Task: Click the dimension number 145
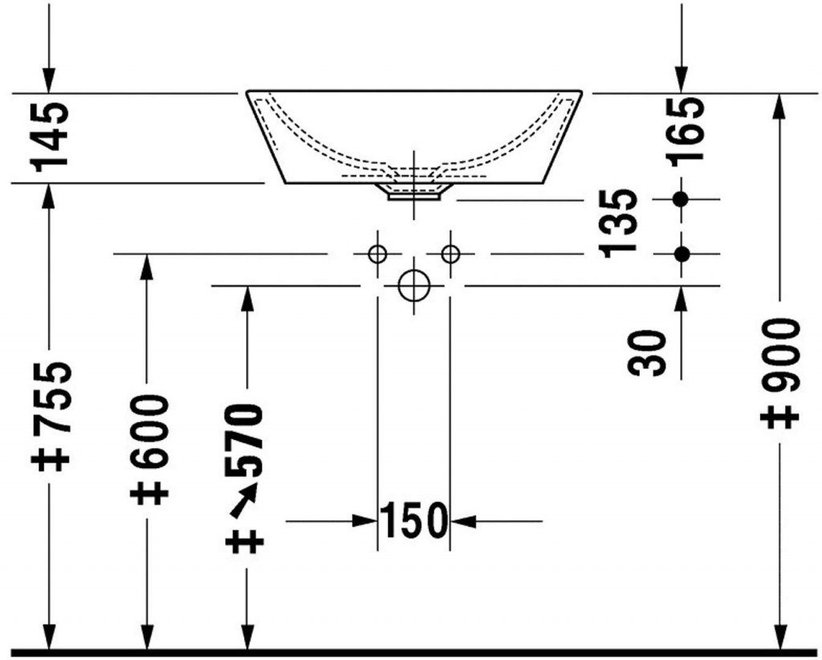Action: tap(50, 136)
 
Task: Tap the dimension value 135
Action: tap(620, 224)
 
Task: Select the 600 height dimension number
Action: tap(149, 431)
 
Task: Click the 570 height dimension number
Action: tap(243, 439)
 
